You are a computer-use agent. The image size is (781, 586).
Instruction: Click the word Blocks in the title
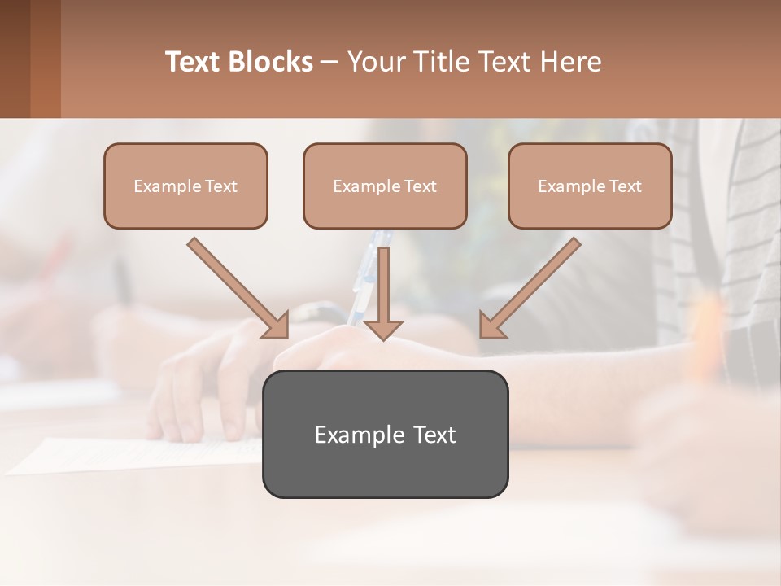click(271, 62)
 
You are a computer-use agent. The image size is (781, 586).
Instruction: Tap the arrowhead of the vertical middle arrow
click(383, 329)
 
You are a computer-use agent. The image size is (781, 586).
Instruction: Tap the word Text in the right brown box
click(625, 186)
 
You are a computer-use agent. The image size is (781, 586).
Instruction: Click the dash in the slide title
click(329, 62)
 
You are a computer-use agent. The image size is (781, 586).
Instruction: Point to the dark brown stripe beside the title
click(15, 59)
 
